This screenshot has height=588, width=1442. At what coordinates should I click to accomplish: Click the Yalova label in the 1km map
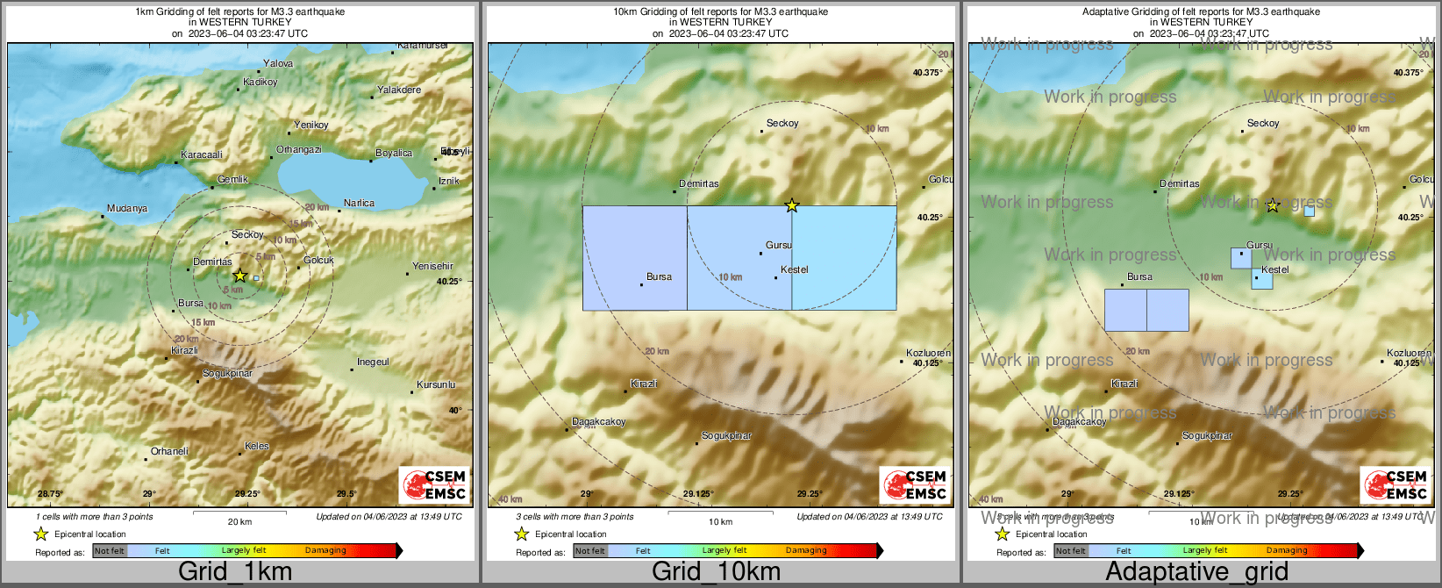pos(278,63)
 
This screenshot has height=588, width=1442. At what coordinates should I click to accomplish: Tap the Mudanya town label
pos(127,209)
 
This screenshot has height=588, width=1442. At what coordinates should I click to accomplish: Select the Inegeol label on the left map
pos(373,362)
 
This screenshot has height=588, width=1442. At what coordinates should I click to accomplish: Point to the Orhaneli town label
pos(169,452)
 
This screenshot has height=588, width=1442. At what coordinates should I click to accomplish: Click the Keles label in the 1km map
pos(257,446)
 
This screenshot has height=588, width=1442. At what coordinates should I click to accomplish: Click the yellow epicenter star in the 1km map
pos(239,276)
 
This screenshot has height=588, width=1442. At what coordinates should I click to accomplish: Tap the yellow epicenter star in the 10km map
pos(792,205)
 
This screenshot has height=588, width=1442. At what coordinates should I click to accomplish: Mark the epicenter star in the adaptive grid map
pos(1273,206)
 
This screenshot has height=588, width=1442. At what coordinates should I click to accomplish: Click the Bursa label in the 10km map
pos(659,276)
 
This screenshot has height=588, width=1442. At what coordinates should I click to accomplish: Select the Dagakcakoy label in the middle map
pos(599,422)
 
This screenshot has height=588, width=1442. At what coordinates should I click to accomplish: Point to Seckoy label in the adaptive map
pos(1263,124)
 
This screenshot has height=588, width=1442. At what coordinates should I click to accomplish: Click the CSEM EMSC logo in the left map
pos(434,485)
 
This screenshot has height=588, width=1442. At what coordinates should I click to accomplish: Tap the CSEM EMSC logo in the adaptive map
pos(1396,485)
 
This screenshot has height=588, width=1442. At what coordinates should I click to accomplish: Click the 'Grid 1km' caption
pos(235,572)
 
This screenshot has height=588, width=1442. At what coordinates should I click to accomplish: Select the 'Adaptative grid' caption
pos(1196,572)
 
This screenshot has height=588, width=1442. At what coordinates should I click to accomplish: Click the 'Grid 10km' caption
pos(716,572)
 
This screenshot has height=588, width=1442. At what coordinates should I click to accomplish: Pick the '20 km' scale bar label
pos(239,522)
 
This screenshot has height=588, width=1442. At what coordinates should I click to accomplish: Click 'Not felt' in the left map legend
pos(110,551)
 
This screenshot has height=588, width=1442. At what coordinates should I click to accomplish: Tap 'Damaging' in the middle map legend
pos(806,551)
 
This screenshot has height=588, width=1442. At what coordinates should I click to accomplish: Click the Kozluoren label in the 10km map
pos(928,354)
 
